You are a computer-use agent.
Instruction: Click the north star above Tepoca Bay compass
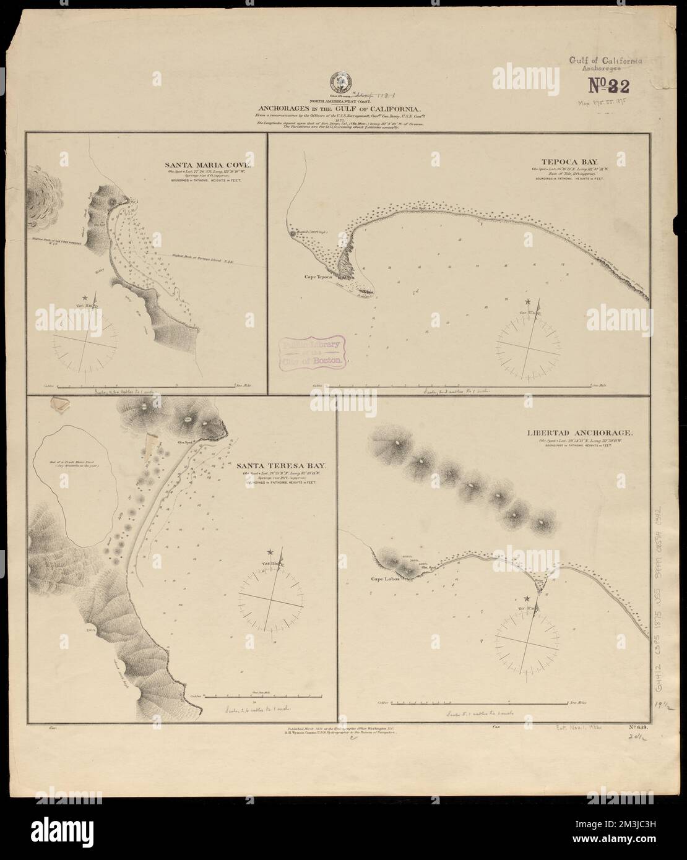[527, 301]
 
